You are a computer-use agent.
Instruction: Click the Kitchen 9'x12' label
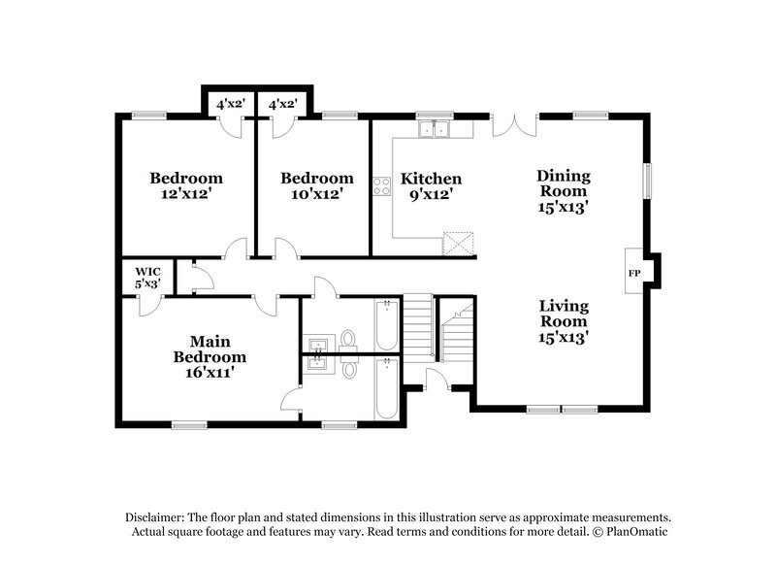click(x=432, y=186)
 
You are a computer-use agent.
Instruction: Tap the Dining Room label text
click(x=564, y=190)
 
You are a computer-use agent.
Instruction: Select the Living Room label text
click(x=564, y=321)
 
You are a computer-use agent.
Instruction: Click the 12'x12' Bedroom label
click(x=185, y=185)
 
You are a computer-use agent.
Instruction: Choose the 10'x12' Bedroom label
click(x=316, y=185)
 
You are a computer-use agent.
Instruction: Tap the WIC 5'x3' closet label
click(x=147, y=278)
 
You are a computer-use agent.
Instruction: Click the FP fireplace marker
click(x=634, y=273)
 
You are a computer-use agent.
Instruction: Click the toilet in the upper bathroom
click(x=348, y=339)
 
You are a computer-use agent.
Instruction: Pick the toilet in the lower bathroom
click(x=348, y=368)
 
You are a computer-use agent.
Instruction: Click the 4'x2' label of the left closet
click(x=228, y=102)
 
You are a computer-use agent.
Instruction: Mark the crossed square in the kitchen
click(x=457, y=243)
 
